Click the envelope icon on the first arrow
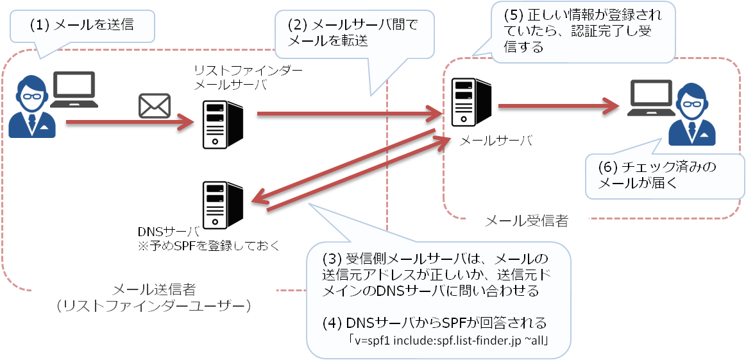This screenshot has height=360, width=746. tap(155, 106)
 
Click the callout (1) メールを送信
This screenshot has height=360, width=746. tap(83, 27)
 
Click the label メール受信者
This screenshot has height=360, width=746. tap(527, 222)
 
